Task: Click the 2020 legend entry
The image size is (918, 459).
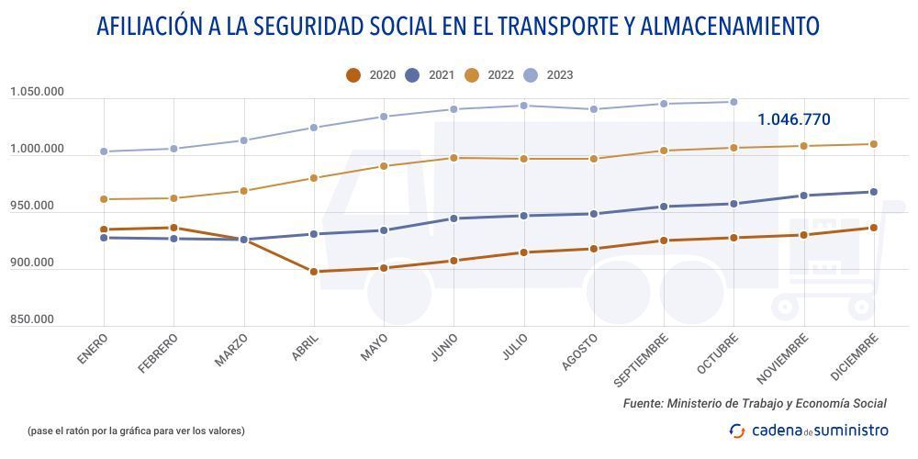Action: click(371, 75)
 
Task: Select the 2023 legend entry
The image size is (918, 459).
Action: click(549, 75)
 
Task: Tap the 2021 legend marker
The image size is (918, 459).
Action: click(412, 75)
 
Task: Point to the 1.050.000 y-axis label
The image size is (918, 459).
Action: click(38, 92)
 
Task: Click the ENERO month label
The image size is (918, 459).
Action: click(93, 351)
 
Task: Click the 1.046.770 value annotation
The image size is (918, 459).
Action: click(793, 119)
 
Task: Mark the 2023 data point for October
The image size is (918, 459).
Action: click(733, 102)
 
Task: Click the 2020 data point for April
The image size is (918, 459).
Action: click(314, 272)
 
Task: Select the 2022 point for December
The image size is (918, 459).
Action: click(873, 144)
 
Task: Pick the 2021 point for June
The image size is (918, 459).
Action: click(453, 218)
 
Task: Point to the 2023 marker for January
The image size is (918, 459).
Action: click(104, 151)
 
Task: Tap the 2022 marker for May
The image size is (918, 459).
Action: click(384, 166)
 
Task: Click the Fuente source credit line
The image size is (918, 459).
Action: click(754, 403)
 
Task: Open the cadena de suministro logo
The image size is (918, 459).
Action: click(809, 430)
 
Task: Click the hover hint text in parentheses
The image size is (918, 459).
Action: click(136, 430)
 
